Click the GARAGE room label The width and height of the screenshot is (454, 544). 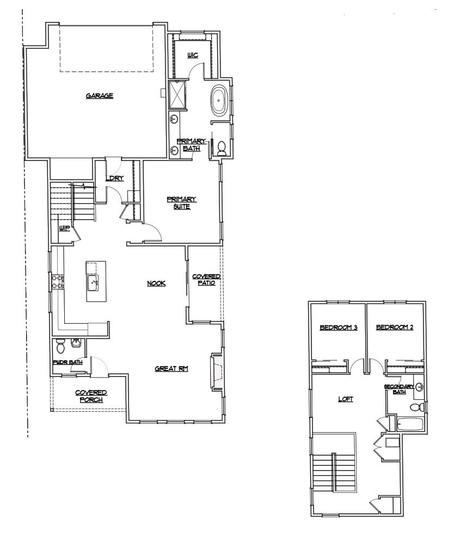(x=99, y=96)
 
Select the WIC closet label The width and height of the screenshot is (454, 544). (x=193, y=55)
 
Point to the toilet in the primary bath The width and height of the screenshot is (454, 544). (x=222, y=148)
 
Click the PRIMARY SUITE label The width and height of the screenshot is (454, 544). (x=181, y=202)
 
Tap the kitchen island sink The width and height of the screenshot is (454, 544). (x=93, y=282)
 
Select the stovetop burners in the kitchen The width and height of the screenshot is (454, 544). (x=58, y=281)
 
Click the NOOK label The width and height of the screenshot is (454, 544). (x=156, y=283)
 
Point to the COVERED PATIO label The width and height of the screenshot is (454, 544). (x=206, y=280)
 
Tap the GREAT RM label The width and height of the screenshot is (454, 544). (x=171, y=368)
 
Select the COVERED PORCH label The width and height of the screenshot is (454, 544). (x=91, y=395)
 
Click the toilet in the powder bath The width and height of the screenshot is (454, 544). (x=61, y=345)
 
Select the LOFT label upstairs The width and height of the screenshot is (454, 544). (x=346, y=399)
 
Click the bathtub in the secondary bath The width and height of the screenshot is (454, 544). (x=411, y=424)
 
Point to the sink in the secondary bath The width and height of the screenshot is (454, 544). (x=420, y=387)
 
